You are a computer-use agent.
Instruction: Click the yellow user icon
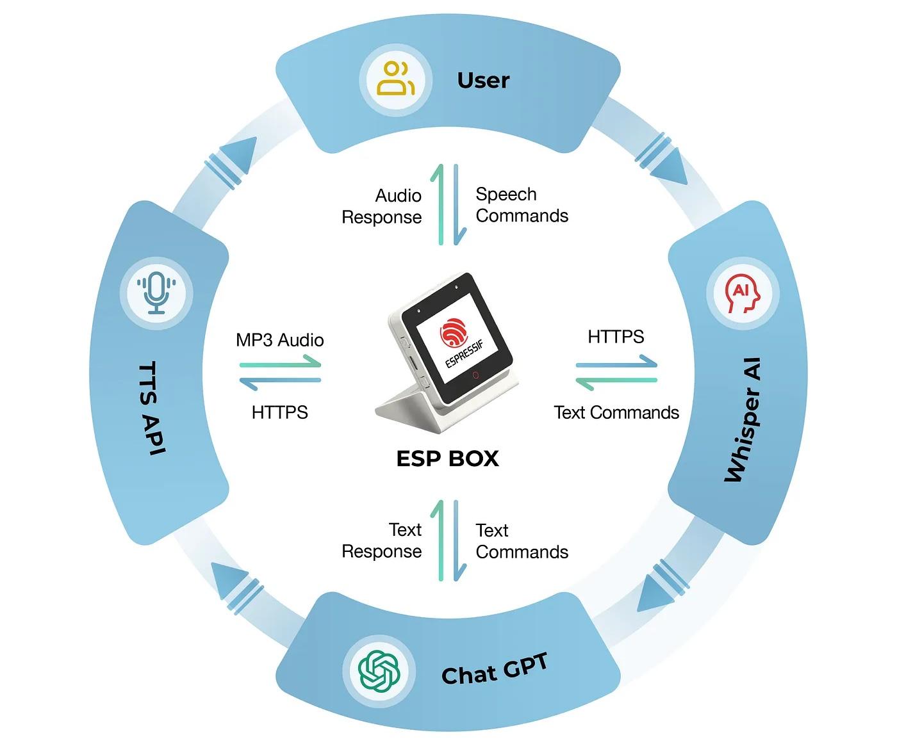tap(395, 79)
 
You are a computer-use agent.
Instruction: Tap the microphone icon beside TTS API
tap(156, 293)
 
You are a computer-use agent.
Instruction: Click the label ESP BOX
tap(447, 458)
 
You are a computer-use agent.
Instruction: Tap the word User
tap(483, 80)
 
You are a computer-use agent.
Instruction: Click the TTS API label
tap(152, 408)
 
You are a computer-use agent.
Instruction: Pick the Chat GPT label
tap(495, 670)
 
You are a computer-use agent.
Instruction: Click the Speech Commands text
tap(522, 205)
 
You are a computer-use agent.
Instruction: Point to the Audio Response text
tap(382, 206)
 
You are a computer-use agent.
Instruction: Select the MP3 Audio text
tap(280, 340)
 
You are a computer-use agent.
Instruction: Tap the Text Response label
tap(382, 540)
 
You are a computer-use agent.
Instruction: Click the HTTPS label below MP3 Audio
tap(280, 412)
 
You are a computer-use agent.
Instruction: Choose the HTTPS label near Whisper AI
tap(616, 336)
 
